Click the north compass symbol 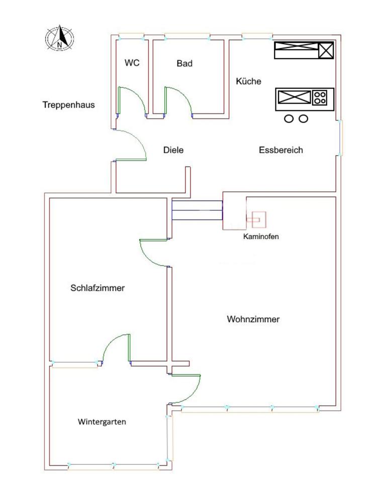click(60, 38)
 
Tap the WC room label click(132, 63)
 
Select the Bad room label click(185, 64)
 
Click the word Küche click(248, 81)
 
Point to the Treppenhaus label click(69, 105)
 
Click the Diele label click(173, 150)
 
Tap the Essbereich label click(281, 150)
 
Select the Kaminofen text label click(261, 236)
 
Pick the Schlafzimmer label click(98, 288)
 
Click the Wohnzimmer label click(253, 319)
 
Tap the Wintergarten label click(102, 422)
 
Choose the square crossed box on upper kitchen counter click(326, 50)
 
